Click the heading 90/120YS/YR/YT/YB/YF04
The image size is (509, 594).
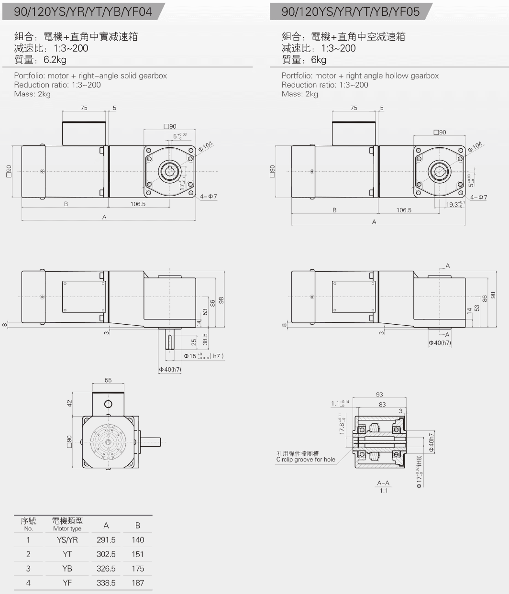(83, 11)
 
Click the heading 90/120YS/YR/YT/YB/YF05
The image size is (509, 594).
(350, 11)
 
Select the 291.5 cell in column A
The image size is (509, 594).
(106, 540)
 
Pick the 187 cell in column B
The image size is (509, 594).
(137, 583)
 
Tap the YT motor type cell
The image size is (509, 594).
(67, 554)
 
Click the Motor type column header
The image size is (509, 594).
(67, 524)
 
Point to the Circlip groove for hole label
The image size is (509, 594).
(306, 460)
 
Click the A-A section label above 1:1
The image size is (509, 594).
(383, 483)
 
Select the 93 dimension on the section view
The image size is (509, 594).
(379, 395)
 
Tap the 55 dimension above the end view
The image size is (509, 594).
(108, 380)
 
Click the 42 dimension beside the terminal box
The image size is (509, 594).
(69, 404)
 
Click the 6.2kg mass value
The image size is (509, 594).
(55, 60)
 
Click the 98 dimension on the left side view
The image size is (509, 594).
(221, 300)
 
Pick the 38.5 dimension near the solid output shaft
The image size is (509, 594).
(205, 339)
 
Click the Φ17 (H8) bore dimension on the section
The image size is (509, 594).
(419, 472)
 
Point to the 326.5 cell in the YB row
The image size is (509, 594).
(106, 569)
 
